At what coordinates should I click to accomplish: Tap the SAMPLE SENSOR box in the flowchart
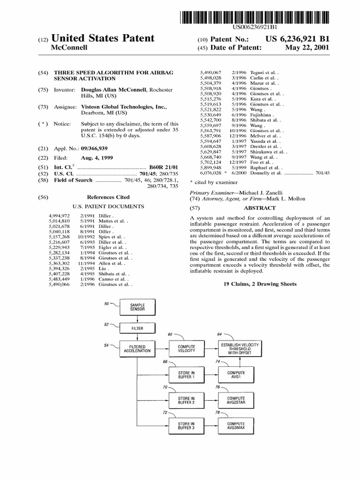(137, 308)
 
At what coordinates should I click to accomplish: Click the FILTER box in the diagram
(137, 328)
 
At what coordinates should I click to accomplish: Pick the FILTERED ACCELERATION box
(137, 348)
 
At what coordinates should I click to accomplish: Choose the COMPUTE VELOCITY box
(186, 348)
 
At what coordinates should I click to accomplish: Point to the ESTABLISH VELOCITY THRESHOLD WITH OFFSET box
(240, 349)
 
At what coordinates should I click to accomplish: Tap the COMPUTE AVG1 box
(236, 374)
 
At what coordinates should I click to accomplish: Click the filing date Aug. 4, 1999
(96, 157)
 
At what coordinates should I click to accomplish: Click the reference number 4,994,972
(59, 215)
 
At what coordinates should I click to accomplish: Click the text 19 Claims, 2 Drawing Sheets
(259, 284)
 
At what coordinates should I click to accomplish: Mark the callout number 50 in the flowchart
(106, 303)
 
